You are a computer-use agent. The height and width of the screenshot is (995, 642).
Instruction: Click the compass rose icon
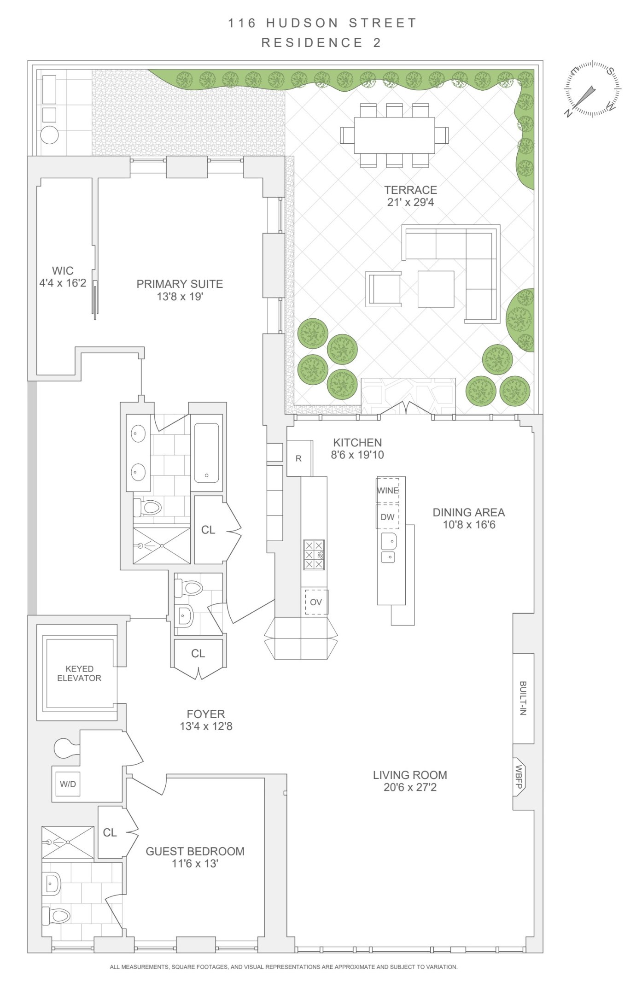pos(592,88)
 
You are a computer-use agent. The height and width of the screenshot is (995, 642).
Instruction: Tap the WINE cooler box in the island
pos(388,491)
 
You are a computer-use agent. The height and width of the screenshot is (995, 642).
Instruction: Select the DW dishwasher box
pos(387,517)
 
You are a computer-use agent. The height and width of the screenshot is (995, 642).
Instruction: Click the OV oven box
pos(316,602)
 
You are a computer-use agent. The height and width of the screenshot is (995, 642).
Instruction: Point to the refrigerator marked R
pos(298,458)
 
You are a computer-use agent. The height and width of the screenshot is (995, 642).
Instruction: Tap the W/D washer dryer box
pos(68,784)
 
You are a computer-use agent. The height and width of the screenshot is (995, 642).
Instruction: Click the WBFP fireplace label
pos(519,777)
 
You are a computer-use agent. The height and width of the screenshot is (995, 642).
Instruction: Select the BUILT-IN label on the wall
pos(523,698)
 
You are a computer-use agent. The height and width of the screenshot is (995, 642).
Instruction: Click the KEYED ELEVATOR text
pos(79,673)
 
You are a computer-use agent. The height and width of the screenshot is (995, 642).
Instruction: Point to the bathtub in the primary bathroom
pos(206,453)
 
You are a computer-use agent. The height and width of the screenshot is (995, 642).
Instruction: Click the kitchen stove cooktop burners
pos(314,555)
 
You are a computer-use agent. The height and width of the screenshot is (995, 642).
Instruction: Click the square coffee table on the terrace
pos(436,289)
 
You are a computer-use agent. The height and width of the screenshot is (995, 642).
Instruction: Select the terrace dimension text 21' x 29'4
pos(410,202)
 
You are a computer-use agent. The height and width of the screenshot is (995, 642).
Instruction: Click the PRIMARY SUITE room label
pos(180,284)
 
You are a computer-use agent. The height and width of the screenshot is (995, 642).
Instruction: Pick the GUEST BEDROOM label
pos(195,851)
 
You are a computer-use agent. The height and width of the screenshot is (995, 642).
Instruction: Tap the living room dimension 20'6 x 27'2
pos(410,787)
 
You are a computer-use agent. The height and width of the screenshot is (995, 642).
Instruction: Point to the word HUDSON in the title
pos(302,23)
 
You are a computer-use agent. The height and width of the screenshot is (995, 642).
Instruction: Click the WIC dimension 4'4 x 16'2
pos(63,283)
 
